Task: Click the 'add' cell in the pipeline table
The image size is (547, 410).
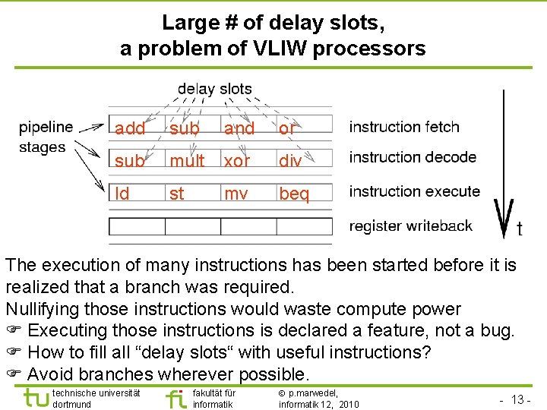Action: [x=130, y=128]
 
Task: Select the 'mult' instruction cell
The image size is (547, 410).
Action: [x=187, y=161]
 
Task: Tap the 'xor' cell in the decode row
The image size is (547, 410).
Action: [x=237, y=161]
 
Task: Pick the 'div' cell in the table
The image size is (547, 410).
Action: [x=290, y=161]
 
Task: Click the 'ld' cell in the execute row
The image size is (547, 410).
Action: [x=122, y=194]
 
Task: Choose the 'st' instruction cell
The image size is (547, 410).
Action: [x=177, y=194]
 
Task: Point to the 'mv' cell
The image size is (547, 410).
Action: [x=236, y=194]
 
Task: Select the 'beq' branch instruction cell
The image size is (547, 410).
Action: [x=294, y=194]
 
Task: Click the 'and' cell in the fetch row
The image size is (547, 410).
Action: [x=239, y=128]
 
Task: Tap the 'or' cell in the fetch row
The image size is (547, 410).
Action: [x=286, y=128]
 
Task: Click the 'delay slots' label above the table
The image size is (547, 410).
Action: [x=214, y=89]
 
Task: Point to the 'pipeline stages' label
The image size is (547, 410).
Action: [x=46, y=137]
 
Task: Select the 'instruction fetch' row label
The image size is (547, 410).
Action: [x=404, y=127]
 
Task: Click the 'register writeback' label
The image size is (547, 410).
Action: [x=410, y=225]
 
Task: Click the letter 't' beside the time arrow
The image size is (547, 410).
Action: [x=520, y=228]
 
